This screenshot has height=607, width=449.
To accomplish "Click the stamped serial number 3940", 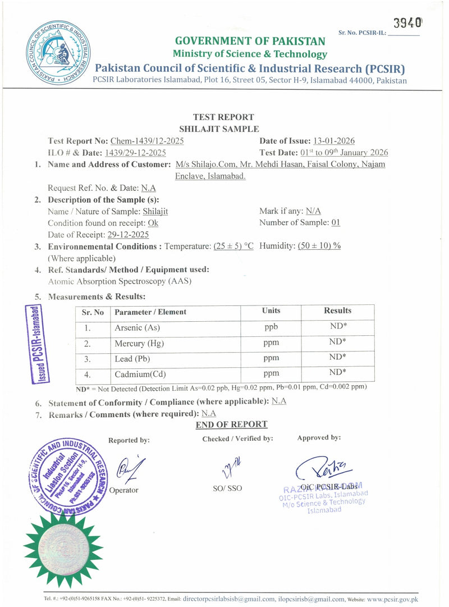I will click(x=407, y=23).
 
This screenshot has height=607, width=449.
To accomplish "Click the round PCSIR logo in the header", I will click(x=57, y=52).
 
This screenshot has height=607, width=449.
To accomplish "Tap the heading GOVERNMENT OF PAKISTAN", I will click(x=250, y=41).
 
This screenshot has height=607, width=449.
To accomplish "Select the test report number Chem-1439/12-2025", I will click(x=147, y=141).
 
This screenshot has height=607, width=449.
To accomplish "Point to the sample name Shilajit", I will click(x=155, y=211).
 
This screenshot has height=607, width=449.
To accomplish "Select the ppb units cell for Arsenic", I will click(x=271, y=326).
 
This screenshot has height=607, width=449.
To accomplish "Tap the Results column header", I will click(x=337, y=311).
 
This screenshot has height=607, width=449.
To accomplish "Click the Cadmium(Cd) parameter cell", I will click(x=140, y=374).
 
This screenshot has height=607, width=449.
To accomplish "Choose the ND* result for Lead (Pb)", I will click(x=337, y=357).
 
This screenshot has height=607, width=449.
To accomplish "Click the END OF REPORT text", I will click(x=231, y=425).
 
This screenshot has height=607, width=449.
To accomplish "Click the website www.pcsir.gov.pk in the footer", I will click(x=392, y=599).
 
